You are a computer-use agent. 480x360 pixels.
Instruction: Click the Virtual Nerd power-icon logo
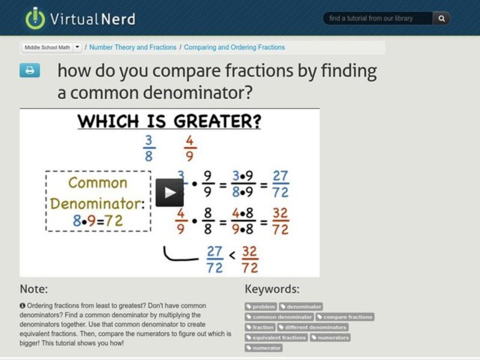[x=35, y=18]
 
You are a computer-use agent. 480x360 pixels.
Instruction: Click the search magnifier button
[x=441, y=19]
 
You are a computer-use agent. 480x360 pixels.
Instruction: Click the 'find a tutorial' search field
[x=377, y=19]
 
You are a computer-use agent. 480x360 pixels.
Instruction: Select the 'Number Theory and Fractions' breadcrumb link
[x=133, y=47]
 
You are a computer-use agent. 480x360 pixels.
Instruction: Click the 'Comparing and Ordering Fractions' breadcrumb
[x=234, y=47]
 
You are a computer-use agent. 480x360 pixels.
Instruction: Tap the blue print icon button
[x=29, y=71]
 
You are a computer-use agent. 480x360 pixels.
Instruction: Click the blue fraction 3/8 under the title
[x=148, y=148]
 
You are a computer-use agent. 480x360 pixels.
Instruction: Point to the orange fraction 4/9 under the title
[x=190, y=148]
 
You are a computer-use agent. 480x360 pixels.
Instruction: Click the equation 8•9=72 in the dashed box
[x=98, y=221]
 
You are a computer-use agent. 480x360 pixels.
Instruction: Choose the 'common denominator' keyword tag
[x=279, y=317]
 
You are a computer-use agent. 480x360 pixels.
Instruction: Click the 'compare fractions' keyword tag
[x=344, y=317]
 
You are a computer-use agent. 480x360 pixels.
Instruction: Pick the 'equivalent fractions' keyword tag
[x=276, y=338]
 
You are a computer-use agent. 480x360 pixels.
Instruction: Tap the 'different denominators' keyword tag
[x=314, y=328]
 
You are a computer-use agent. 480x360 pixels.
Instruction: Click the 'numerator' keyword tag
[x=263, y=348]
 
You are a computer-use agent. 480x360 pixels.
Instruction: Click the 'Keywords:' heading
[x=272, y=289]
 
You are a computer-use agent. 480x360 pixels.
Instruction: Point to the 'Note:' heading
[x=34, y=289]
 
